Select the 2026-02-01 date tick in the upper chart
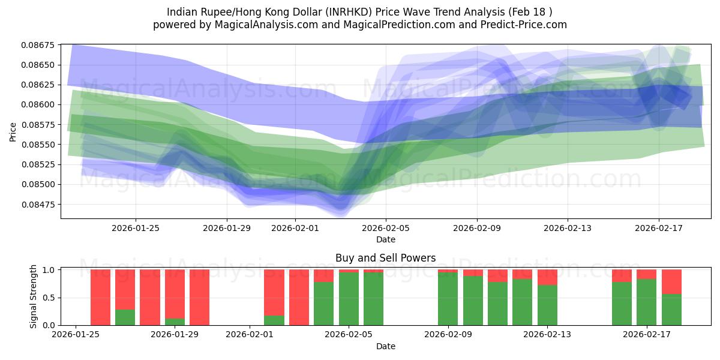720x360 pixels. coord(295,228)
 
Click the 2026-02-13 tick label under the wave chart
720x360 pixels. coord(568,228)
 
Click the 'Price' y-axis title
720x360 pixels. coord(13,132)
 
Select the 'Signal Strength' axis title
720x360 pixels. coord(34,296)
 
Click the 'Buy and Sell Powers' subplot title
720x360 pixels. coord(385,259)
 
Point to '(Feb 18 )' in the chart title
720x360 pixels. coord(530,11)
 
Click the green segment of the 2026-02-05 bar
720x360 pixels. coord(349,299)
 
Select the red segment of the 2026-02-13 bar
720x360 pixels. coord(547,277)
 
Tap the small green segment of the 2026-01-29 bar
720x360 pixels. coord(175,322)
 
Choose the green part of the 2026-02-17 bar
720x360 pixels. coord(646,302)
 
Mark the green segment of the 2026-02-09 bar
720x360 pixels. coord(448,299)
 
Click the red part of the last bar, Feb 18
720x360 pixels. coord(671,281)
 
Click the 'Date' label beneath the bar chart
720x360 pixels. coord(385,346)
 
